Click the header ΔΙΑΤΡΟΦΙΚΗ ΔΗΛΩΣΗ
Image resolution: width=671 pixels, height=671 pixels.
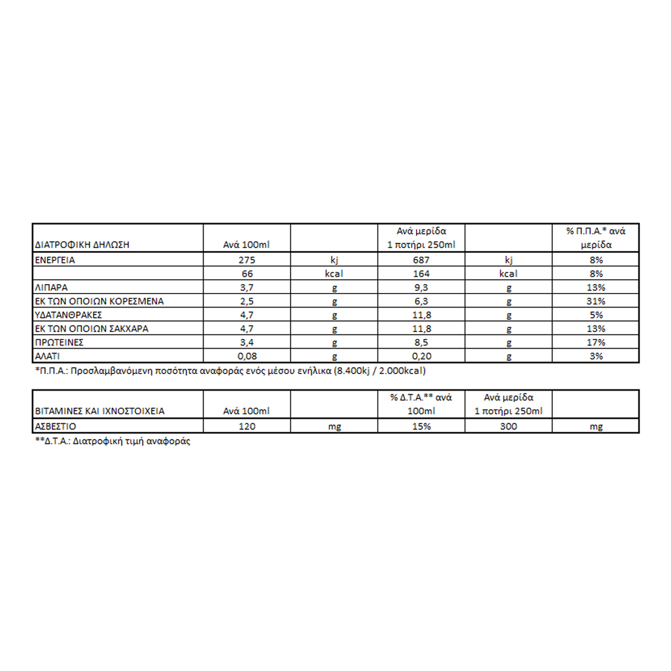82,244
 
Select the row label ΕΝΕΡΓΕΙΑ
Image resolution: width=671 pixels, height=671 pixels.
55,260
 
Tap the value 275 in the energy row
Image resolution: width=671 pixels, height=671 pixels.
247,260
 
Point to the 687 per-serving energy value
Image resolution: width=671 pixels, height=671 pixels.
421,260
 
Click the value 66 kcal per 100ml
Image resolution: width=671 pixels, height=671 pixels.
247,274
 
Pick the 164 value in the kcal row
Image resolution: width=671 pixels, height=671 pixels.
421,274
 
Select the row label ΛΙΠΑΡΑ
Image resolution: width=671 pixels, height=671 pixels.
51,287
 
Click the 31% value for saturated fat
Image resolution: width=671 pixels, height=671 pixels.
596,301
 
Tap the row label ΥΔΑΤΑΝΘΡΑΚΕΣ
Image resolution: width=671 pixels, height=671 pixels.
69,315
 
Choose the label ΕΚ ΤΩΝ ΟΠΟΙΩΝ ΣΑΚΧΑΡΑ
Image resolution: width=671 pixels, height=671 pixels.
92,329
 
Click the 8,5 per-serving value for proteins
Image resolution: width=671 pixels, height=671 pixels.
421,342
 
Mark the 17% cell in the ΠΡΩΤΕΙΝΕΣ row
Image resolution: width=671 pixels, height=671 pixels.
596,342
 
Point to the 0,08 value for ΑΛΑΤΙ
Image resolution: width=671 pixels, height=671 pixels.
247,356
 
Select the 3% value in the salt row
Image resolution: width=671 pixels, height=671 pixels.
596,356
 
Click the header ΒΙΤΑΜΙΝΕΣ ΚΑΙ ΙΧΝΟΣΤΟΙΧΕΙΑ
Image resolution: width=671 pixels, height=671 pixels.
100,411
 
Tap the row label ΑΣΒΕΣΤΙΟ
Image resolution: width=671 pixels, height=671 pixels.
55,426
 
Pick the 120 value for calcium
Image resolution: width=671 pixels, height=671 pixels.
247,426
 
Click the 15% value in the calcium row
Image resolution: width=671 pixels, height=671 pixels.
421,426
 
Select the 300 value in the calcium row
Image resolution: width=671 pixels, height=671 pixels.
508,426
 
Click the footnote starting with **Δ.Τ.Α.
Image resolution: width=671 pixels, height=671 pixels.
112,441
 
